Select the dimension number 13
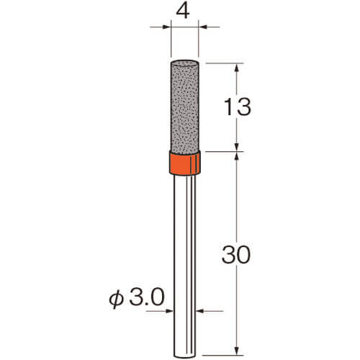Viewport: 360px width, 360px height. pos(238,107)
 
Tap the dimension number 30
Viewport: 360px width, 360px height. pos(236,255)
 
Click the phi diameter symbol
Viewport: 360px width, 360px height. pos(116,300)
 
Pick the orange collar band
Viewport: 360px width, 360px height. pos(184,163)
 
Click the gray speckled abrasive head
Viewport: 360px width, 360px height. pos(184,106)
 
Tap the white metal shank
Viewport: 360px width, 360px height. pos(184,266)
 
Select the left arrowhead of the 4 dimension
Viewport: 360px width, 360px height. pos(167,27)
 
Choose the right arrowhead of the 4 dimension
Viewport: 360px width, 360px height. pos(202,27)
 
